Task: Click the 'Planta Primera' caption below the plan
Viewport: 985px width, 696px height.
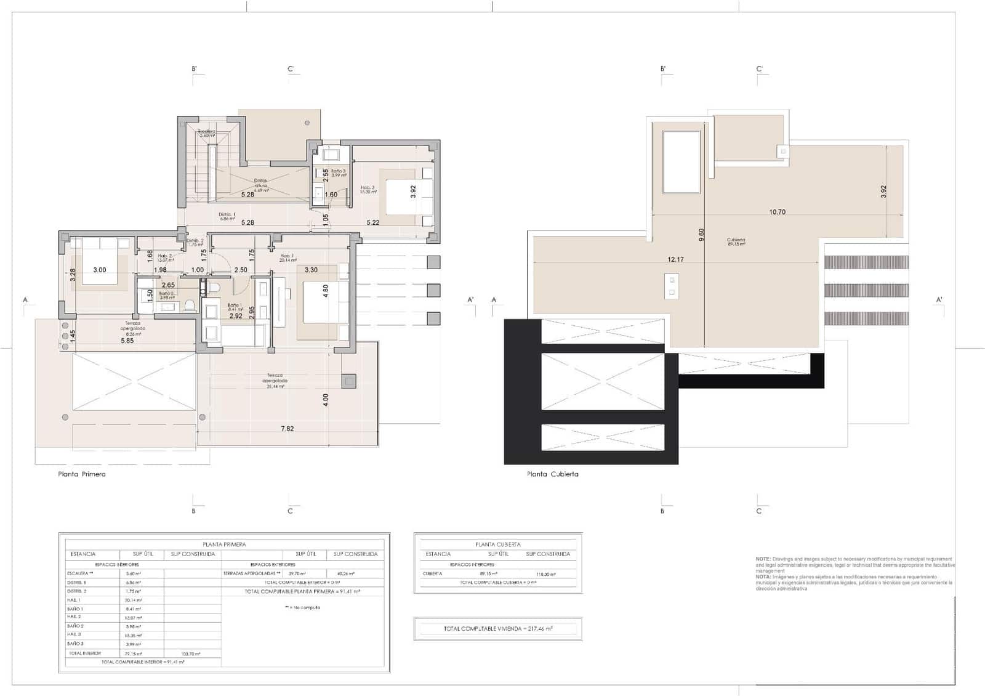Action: pos(82,474)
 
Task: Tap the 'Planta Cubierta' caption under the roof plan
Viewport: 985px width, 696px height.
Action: pos(552,474)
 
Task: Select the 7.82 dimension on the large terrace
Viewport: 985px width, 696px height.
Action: pos(287,429)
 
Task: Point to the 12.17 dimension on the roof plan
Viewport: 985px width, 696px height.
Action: pos(675,259)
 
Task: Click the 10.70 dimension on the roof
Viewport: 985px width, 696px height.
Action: pos(777,212)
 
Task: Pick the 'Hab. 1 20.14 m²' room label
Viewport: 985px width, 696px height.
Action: pos(287,257)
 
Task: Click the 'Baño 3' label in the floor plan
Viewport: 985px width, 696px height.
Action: pos(339,172)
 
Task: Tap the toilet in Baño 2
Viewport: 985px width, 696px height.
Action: pos(190,304)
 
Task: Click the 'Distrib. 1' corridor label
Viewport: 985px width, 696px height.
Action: pos(227,216)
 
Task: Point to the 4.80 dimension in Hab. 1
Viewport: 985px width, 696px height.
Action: pos(326,289)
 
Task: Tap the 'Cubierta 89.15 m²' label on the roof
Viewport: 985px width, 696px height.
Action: pos(736,241)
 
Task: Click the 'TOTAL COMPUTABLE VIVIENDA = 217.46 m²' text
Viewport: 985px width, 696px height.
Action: pos(497,629)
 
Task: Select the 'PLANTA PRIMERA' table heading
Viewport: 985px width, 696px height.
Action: pos(224,544)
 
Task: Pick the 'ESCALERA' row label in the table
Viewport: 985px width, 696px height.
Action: pos(78,573)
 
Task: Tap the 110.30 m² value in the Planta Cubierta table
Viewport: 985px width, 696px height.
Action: pos(546,573)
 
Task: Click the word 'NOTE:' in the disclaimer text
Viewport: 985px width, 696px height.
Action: pos(763,559)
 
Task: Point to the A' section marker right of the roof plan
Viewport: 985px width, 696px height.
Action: pos(939,300)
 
